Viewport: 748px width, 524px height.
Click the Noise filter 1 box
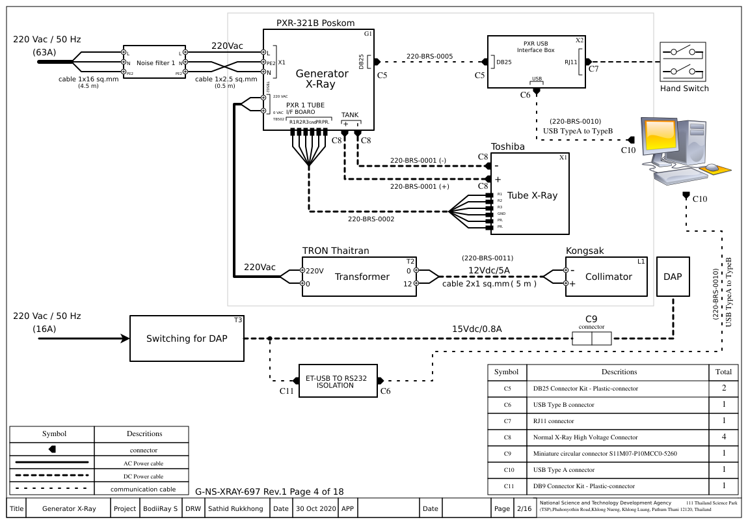pos(154,63)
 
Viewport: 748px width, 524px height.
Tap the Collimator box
pos(609,277)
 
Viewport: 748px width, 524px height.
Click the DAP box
pos(673,277)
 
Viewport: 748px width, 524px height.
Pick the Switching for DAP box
pos(188,338)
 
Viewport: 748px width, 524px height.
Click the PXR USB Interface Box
pos(537,62)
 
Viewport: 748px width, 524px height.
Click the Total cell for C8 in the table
pos(723,437)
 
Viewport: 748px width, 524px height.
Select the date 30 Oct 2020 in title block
pos(314,508)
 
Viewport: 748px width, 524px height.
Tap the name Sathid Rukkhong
pos(235,508)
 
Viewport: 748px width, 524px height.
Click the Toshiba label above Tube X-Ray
pos(507,147)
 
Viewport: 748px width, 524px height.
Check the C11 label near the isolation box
pos(286,391)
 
